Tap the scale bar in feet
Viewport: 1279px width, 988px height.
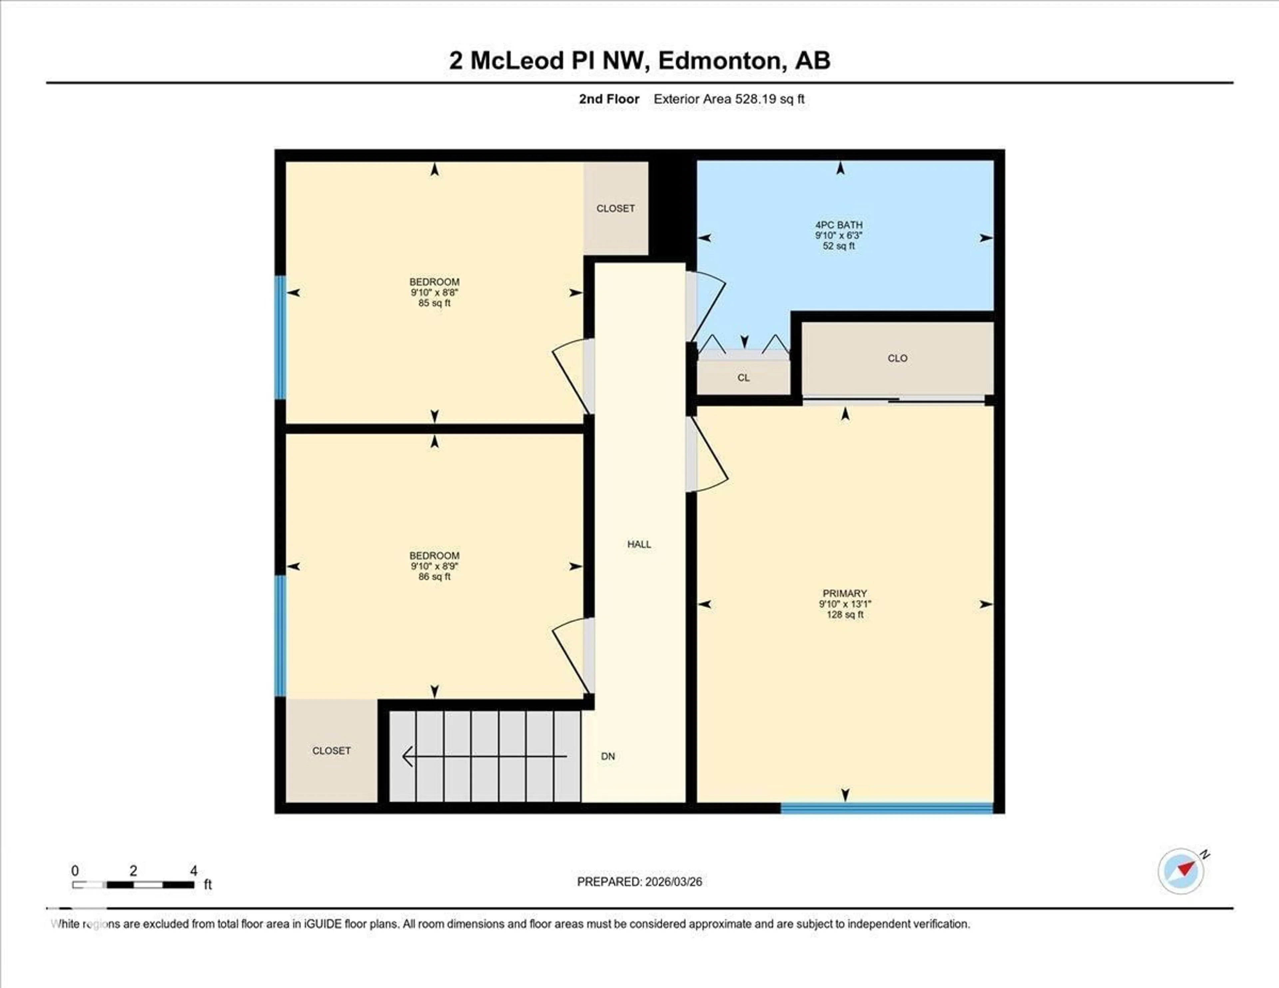point(134,884)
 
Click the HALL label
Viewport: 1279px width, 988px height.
point(639,544)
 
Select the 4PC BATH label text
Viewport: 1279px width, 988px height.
point(839,225)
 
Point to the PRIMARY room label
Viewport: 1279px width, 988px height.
point(844,593)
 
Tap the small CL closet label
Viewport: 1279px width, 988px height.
point(743,378)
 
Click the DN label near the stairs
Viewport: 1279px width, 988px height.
point(608,756)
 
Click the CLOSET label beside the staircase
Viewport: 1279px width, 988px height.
point(331,750)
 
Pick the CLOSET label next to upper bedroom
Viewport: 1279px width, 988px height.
point(616,209)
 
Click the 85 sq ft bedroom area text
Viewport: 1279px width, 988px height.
point(435,303)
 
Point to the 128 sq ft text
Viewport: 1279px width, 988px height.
point(844,614)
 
